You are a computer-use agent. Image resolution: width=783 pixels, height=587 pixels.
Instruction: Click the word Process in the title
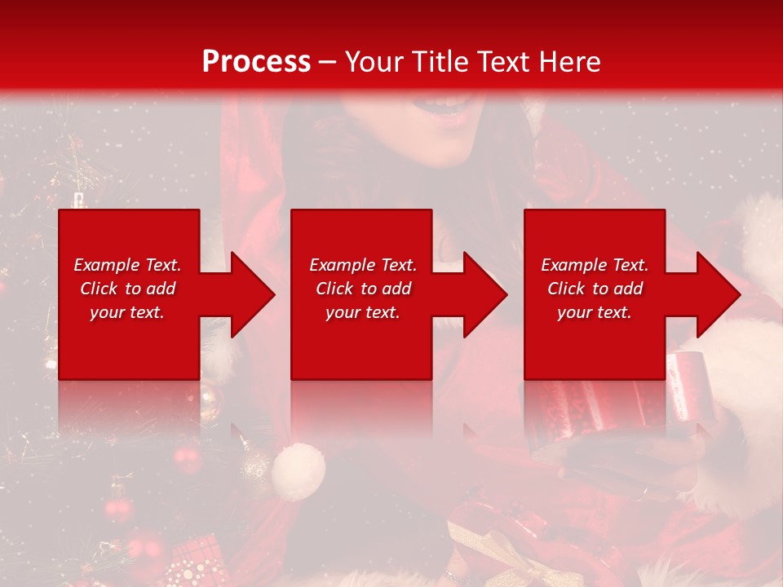256,62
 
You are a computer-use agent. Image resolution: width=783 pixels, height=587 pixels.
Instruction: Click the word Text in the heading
502,62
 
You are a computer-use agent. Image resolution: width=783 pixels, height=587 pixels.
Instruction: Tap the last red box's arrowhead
714,294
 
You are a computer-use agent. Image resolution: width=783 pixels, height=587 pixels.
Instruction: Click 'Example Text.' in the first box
127,265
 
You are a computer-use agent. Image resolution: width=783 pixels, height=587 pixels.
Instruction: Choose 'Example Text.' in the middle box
363,265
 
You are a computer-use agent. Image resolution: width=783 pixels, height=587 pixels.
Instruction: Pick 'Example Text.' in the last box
595,265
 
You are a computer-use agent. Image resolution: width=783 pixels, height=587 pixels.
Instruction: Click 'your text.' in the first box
127,312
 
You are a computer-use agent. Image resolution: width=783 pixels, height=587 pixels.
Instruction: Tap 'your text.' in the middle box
363,312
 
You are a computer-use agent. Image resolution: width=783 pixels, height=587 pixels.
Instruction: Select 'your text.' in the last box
595,312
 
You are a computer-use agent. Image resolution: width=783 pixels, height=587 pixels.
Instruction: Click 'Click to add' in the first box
128,289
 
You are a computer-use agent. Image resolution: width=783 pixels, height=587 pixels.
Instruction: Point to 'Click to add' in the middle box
364,289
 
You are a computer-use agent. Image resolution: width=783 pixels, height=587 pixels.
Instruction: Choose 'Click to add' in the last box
595,289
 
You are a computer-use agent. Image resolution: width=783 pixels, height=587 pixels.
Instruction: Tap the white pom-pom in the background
298,471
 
